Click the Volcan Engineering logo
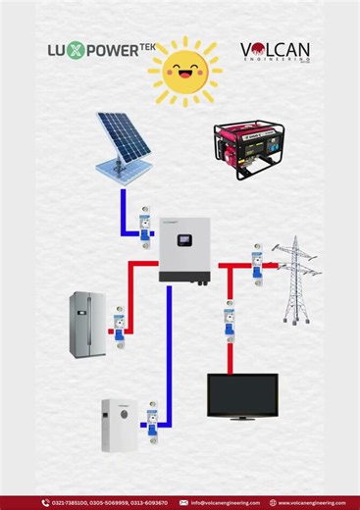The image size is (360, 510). pyautogui.click(x=276, y=51)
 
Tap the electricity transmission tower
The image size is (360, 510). pyautogui.click(x=296, y=279)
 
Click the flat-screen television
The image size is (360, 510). pyautogui.click(x=241, y=396)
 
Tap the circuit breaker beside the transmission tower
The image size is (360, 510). pyautogui.click(x=257, y=264)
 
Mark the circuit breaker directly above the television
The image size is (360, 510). pyautogui.click(x=229, y=318)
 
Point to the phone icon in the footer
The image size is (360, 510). pyautogui.click(x=45, y=502)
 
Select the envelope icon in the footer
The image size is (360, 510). pyautogui.click(x=183, y=502)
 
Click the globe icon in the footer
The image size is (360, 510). pyautogui.click(x=274, y=502)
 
